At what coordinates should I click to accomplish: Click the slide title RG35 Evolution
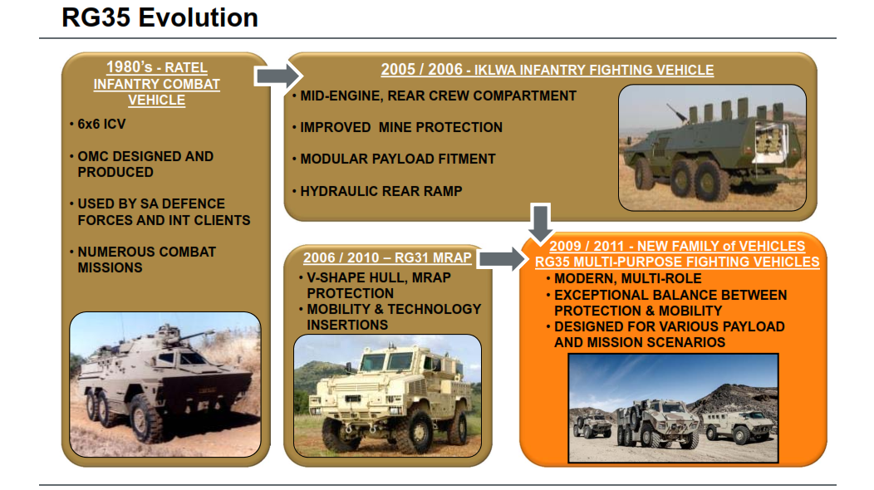pyautogui.click(x=160, y=17)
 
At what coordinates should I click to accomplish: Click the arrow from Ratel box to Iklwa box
pyautogui.click(x=277, y=76)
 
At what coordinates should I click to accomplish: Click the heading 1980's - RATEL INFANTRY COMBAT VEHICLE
pyautogui.click(x=156, y=84)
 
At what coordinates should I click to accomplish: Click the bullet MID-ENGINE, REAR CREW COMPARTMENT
pyautogui.click(x=437, y=96)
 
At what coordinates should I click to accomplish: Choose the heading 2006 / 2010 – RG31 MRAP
pyautogui.click(x=387, y=258)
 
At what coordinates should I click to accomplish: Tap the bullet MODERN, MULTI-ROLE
pyautogui.click(x=627, y=279)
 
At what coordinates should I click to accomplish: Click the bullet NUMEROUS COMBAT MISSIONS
pyautogui.click(x=146, y=259)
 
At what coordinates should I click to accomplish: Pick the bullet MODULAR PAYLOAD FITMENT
pyautogui.click(x=397, y=159)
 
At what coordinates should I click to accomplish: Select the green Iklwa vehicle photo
pyautogui.click(x=712, y=147)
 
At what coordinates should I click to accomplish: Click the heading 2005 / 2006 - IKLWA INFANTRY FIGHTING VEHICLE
pyautogui.click(x=547, y=71)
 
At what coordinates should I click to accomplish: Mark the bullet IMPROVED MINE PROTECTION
pyautogui.click(x=400, y=128)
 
